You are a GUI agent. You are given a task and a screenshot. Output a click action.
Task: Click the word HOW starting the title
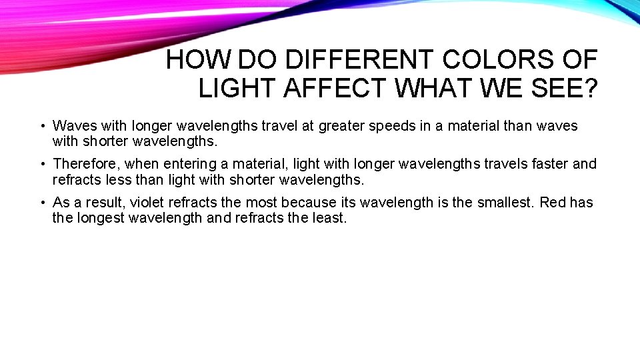pyautogui.click(x=198, y=60)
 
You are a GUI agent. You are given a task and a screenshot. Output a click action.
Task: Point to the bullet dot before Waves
pyautogui.click(x=42, y=126)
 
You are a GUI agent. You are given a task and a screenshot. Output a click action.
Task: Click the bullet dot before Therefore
pyautogui.click(x=42, y=164)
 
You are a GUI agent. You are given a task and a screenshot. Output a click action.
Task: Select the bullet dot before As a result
pyautogui.click(x=42, y=203)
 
